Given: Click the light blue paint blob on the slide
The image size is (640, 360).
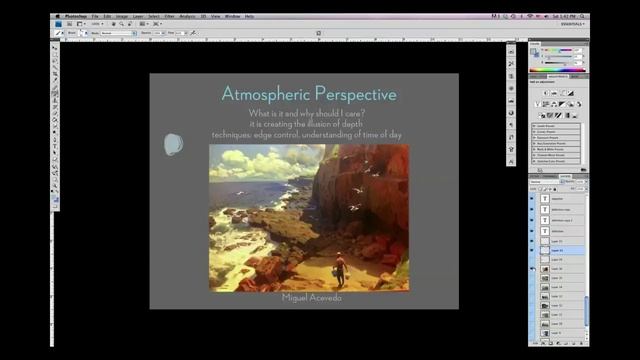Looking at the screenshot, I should point(173,145).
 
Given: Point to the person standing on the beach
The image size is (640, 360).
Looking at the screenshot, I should point(340,268).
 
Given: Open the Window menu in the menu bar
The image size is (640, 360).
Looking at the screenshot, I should point(231,16).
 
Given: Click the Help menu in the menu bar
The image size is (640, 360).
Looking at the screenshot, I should point(249,16).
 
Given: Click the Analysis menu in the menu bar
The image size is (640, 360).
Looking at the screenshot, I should point(188,16).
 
